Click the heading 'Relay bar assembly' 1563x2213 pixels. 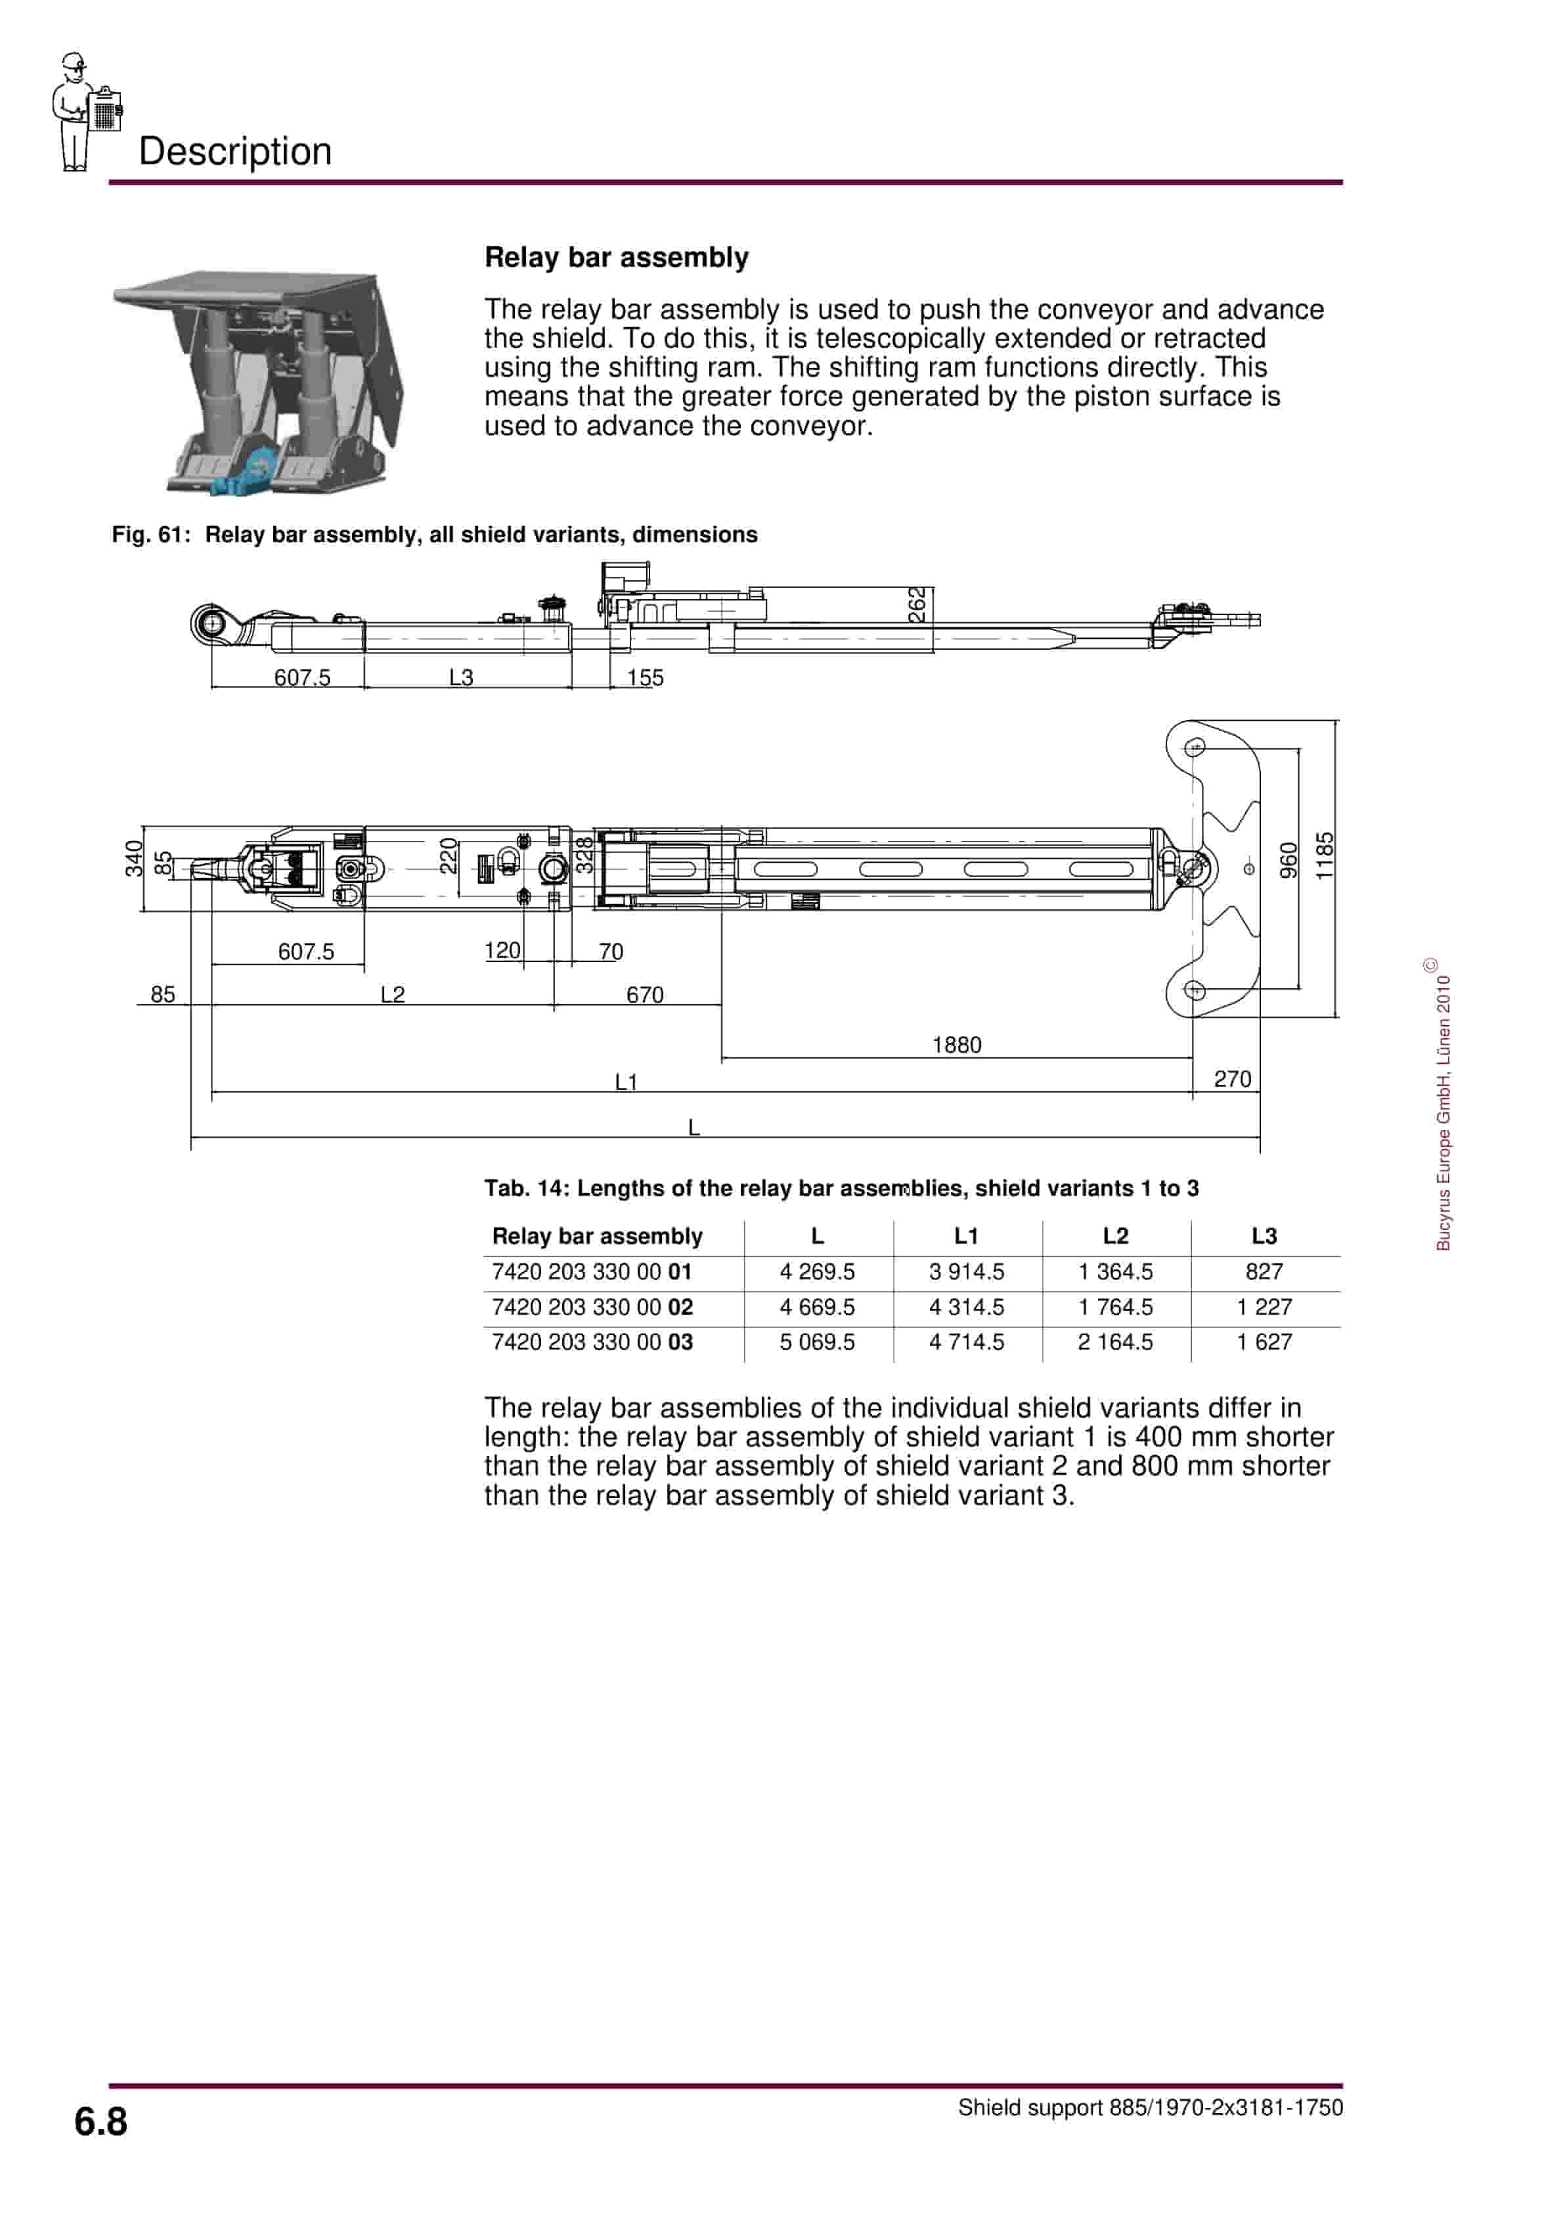(616, 258)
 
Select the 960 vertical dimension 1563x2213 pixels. (1288, 861)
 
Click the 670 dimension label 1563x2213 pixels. (645, 995)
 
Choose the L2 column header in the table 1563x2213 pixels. (1115, 1236)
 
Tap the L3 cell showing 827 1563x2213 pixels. (1264, 1271)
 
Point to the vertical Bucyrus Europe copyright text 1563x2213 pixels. (1443, 1108)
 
